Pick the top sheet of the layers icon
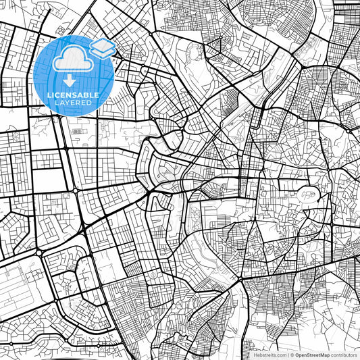(x=102, y=44)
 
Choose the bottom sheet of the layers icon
(x=102, y=52)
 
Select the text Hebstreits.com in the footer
(x=269, y=355)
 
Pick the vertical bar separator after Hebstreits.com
(x=288, y=355)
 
